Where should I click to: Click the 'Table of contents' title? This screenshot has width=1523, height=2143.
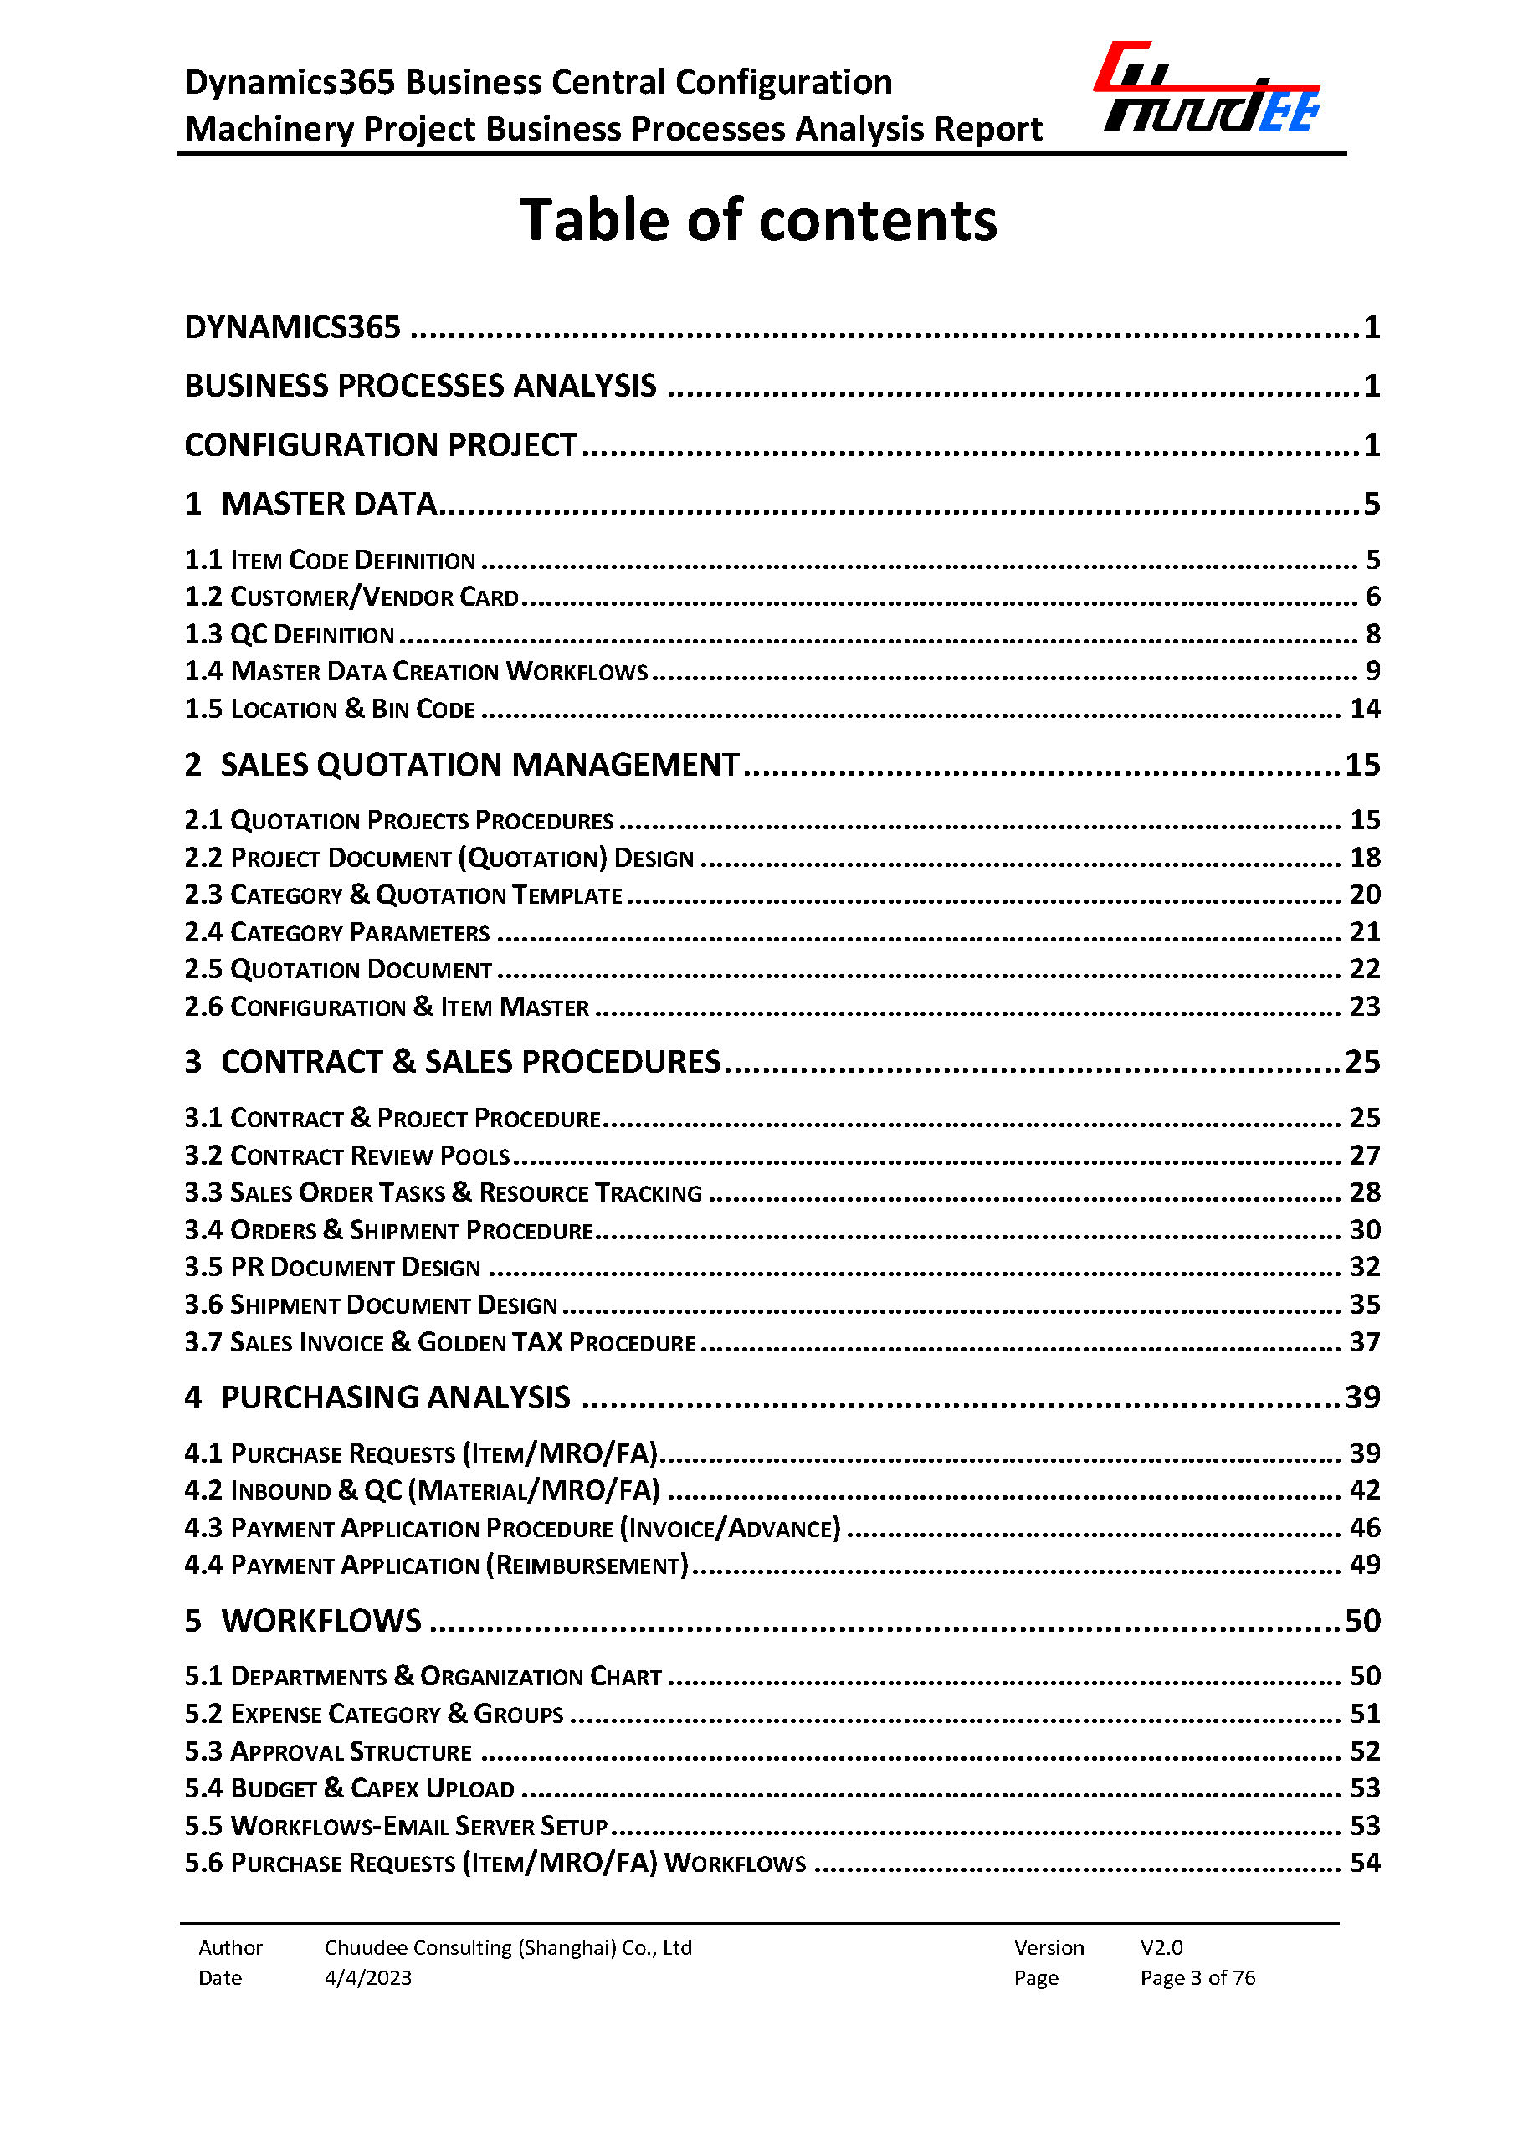pos(759,220)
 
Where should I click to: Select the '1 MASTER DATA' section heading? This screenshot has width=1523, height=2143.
pos(311,505)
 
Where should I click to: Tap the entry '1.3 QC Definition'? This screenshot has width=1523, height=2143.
pos(290,635)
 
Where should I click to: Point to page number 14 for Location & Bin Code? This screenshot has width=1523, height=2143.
pos(1365,709)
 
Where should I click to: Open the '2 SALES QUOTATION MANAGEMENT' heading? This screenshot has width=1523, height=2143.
pos(462,766)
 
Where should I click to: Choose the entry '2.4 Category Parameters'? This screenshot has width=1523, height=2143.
pos(337,932)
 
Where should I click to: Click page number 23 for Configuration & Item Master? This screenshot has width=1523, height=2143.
pos(1365,1007)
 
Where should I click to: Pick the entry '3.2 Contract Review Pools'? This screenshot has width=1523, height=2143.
pos(348,1156)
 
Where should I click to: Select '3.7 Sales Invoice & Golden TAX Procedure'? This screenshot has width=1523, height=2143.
pos(441,1342)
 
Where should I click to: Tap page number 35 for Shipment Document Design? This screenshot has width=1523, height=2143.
pos(1365,1305)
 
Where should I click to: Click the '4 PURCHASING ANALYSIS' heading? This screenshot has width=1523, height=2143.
pos(377,1397)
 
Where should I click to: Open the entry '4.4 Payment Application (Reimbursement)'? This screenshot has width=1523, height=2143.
pos(437,1566)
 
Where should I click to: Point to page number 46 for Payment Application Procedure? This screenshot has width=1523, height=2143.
pos(1365,1528)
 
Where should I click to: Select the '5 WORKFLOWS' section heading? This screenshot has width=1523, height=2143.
pos(303,1621)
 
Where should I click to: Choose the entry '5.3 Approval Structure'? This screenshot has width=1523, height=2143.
pos(328,1752)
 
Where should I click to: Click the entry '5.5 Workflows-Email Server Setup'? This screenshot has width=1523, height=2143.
pos(397,1826)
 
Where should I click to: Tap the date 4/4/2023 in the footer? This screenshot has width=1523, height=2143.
pos(367,1977)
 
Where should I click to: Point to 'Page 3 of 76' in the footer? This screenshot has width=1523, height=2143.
pos(1197,1977)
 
